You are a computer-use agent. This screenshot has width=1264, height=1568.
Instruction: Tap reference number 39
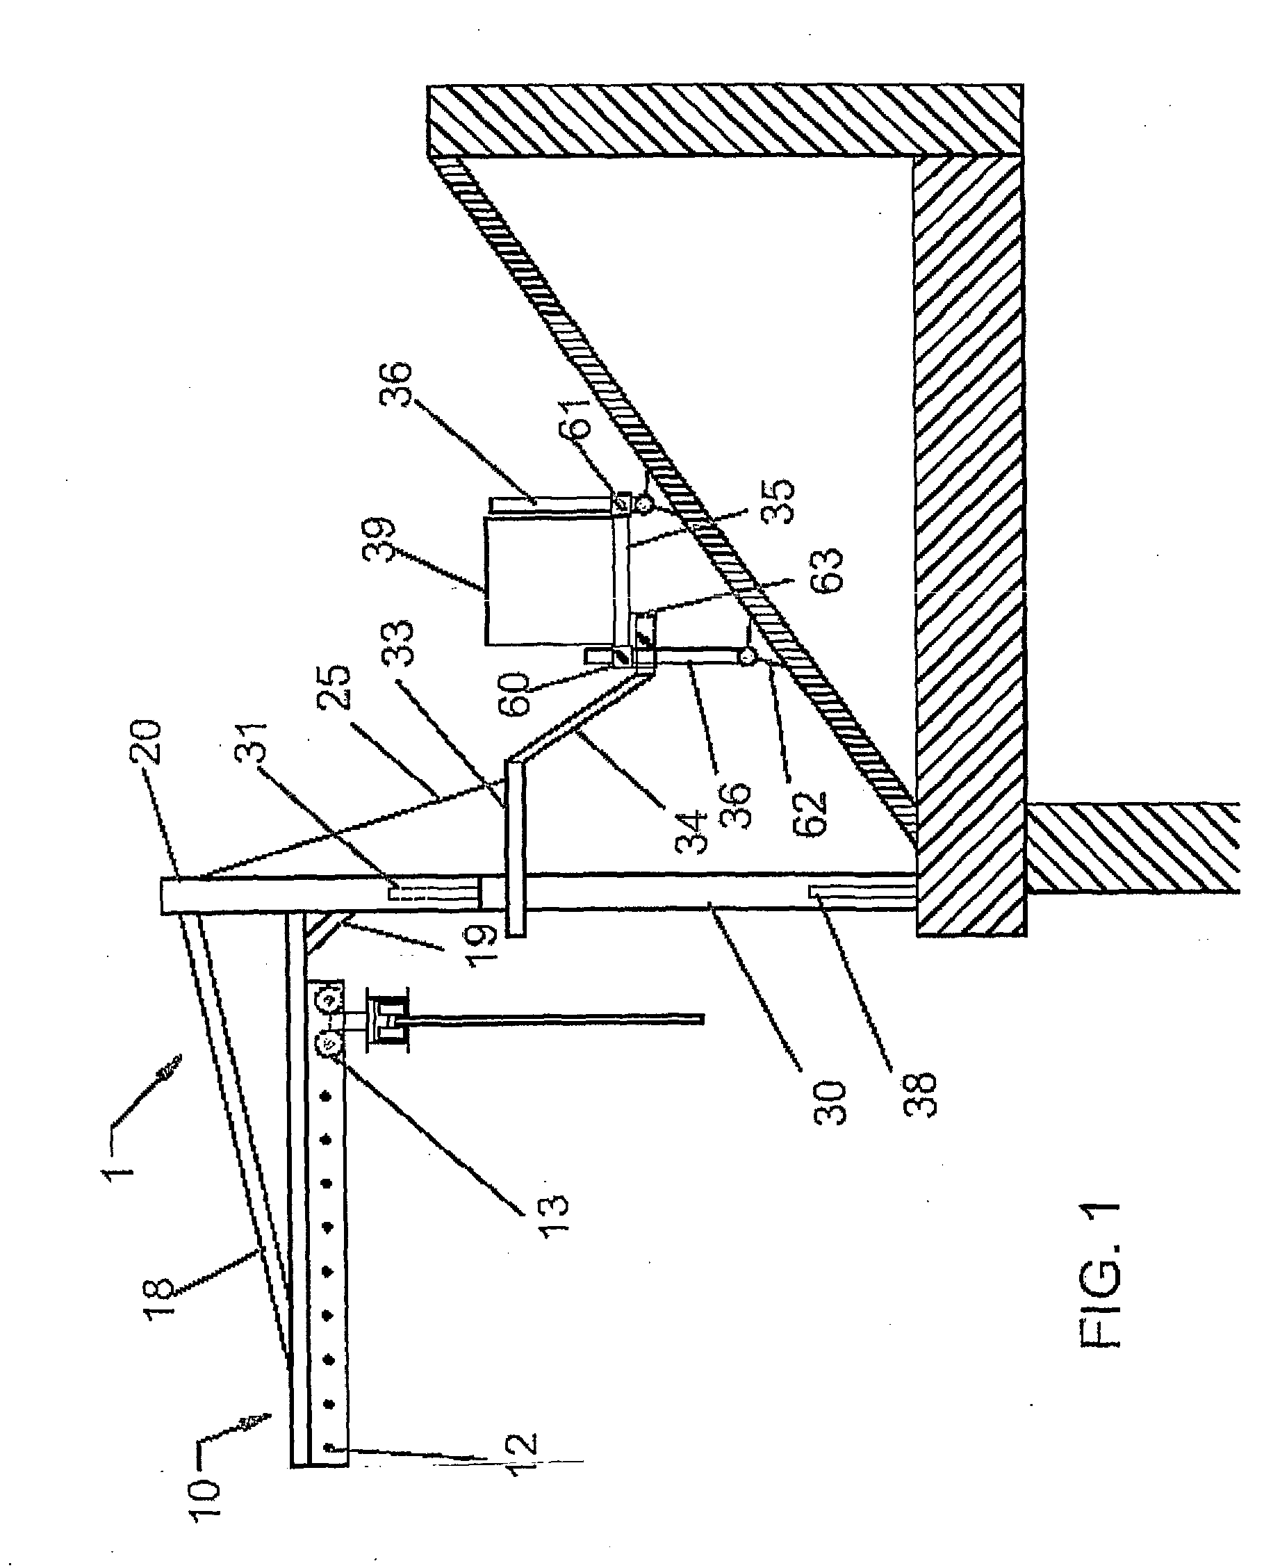pyautogui.click(x=379, y=539)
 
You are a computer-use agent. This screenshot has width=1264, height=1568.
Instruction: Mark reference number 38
pyautogui.click(x=919, y=1092)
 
